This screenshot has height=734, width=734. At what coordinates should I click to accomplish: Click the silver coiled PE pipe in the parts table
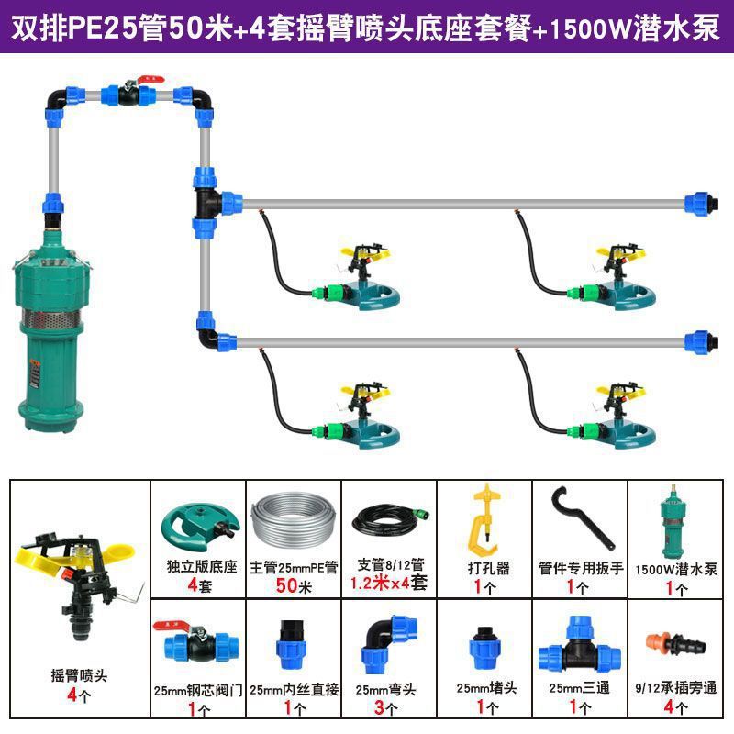[x=293, y=523]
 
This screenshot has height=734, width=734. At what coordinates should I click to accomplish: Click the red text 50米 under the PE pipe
[x=293, y=584]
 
